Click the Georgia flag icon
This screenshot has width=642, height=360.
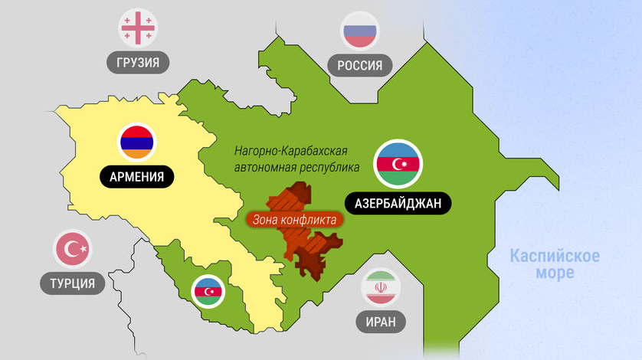138,27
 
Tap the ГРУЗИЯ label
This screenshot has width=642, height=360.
138,62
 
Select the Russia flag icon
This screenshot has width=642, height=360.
359,31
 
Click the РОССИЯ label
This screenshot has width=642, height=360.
359,65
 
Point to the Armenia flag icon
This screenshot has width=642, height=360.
137,142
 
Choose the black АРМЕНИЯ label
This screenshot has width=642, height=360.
137,178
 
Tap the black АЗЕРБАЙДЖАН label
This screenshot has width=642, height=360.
398,203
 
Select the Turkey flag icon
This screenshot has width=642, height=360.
73,249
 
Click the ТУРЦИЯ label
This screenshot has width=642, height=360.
73,284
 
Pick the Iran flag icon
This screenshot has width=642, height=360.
381,286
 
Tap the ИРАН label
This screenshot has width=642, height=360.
381,322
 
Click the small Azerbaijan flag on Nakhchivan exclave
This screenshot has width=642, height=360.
209,292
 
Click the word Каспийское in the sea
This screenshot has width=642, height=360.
555,256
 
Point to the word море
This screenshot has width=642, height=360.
555,273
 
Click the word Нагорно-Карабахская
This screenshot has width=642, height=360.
296,151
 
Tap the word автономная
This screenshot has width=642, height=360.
265,167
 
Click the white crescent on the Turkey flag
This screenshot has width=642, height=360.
70,249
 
